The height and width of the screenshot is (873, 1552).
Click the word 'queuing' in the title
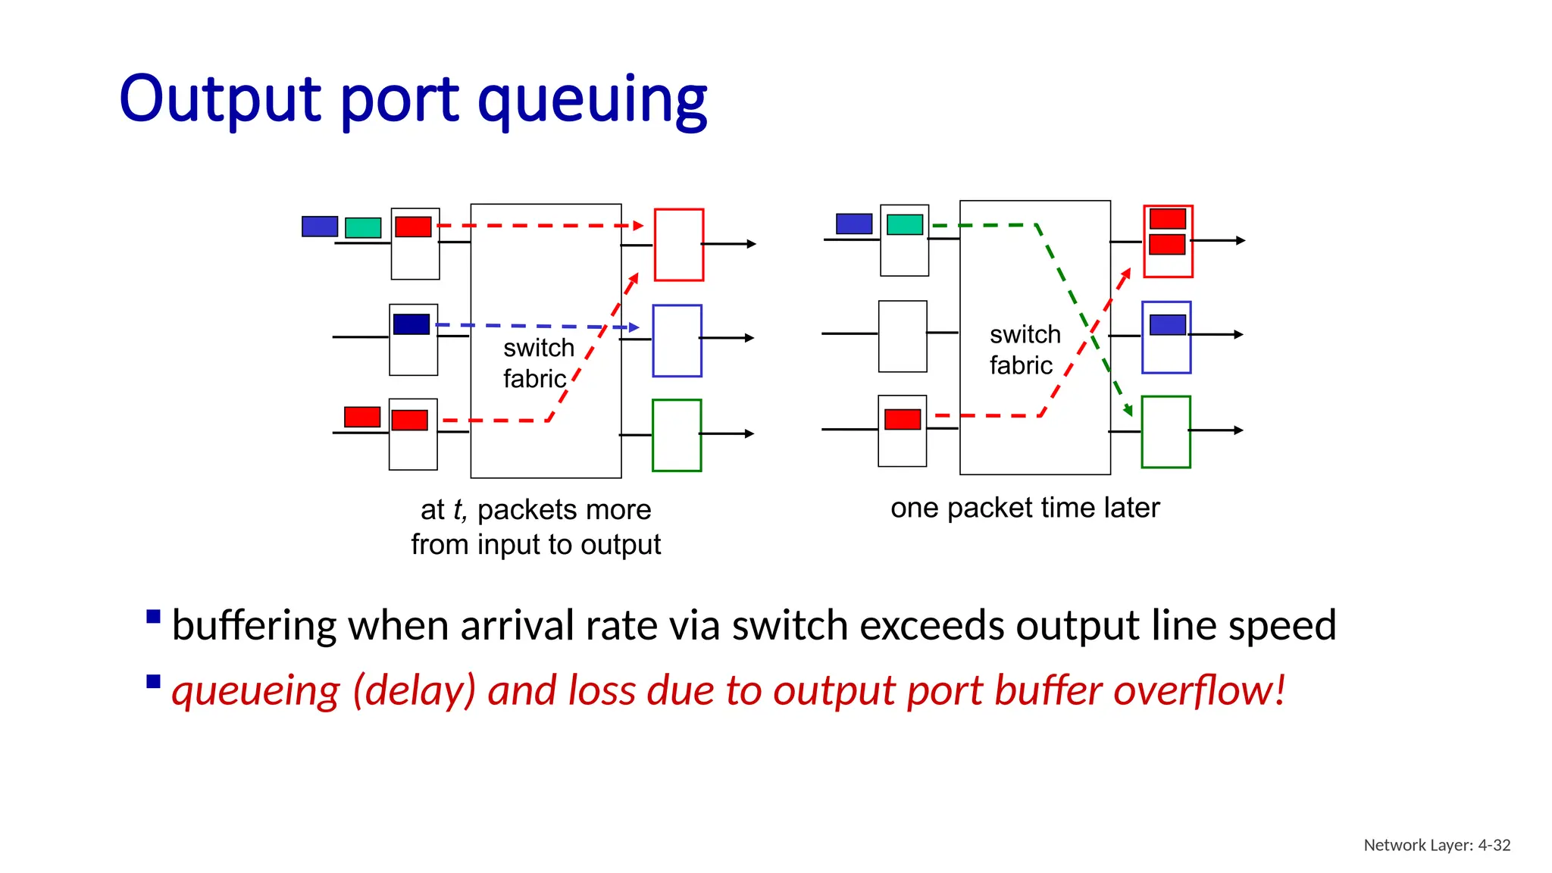point(592,100)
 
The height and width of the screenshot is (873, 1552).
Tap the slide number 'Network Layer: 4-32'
point(1437,845)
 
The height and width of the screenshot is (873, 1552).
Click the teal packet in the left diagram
point(363,227)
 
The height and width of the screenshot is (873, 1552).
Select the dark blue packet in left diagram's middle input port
point(411,324)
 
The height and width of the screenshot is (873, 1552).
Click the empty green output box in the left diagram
point(677,435)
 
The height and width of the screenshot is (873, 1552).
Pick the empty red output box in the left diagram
point(679,245)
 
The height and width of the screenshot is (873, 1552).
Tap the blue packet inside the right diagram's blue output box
point(1167,325)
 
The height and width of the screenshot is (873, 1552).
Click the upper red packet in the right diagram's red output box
point(1167,219)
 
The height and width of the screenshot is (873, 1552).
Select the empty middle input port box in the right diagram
point(903,336)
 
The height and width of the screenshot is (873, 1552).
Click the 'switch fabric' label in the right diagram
point(1024,349)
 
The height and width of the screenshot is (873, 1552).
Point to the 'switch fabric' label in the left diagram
point(538,363)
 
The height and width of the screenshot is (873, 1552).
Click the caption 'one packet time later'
point(1025,508)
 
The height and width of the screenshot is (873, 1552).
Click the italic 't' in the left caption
point(458,510)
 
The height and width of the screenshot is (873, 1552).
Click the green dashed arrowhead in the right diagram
point(1128,410)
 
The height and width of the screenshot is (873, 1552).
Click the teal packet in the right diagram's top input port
point(905,224)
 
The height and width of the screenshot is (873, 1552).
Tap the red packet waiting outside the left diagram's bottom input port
point(362,417)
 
